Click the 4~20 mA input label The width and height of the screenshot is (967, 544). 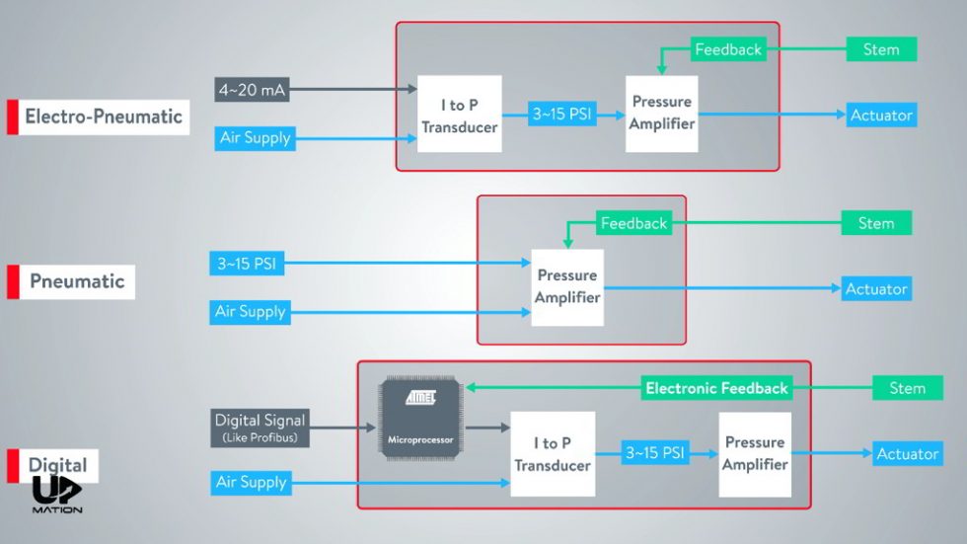click(252, 91)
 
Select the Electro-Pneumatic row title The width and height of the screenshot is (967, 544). click(104, 117)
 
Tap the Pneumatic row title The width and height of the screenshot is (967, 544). click(77, 281)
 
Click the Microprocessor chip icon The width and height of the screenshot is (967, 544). click(419, 419)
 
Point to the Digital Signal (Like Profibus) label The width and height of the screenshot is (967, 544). click(260, 427)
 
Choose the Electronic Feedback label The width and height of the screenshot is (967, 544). click(716, 388)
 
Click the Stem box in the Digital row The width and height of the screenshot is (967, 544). click(907, 388)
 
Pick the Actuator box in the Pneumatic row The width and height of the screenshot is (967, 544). click(875, 289)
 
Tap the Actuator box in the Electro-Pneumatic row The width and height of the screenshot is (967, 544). click(881, 116)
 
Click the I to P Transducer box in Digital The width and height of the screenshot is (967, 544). click(553, 454)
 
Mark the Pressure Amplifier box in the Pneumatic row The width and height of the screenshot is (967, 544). click(567, 286)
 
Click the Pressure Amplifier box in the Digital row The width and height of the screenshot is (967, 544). click(755, 453)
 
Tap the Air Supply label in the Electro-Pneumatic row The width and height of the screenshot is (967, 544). click(255, 138)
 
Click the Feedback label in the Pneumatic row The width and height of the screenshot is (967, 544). click(633, 224)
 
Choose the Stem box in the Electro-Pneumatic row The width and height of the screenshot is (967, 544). click(881, 49)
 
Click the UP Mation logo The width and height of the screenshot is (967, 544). click(56, 494)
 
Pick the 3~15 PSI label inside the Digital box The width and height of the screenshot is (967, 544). click(654, 454)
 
